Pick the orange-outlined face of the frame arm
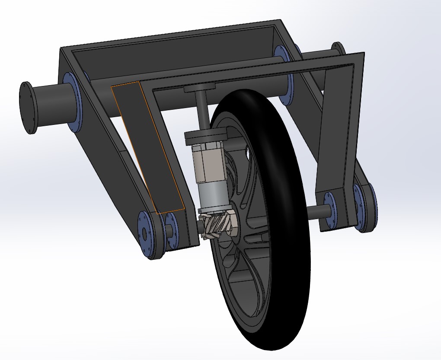coord(149,147)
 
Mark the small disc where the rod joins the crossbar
coord(199,89)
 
